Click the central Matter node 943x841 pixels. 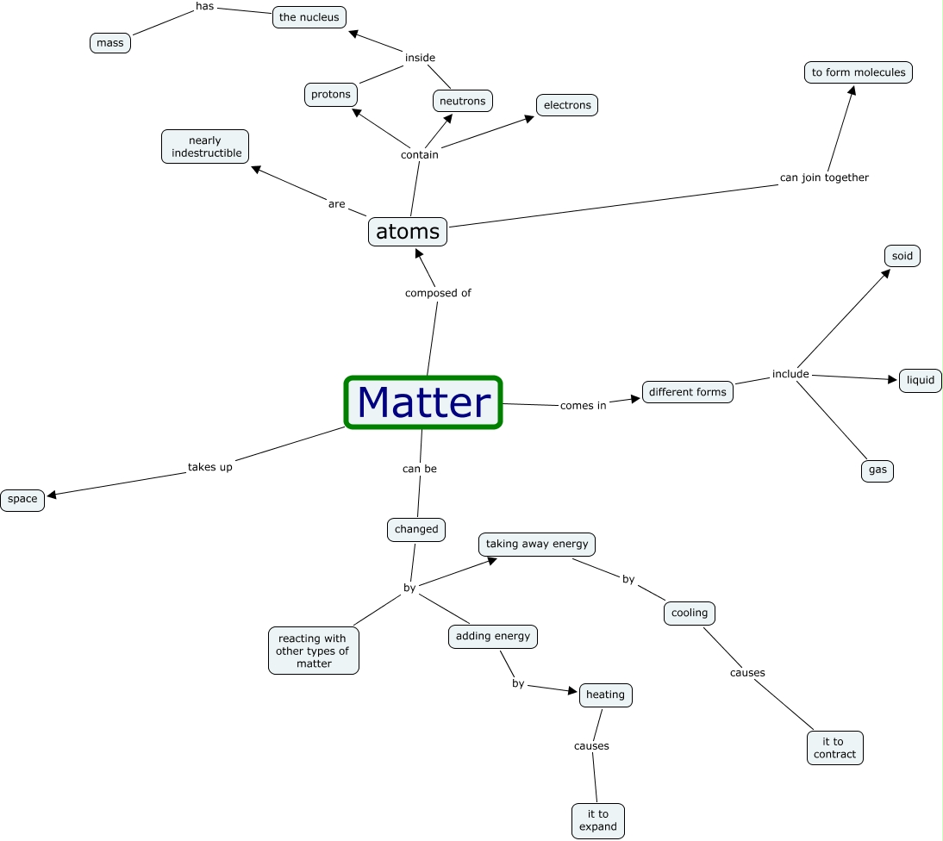tap(423, 402)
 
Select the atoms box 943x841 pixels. tap(408, 232)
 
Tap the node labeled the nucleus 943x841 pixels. tap(309, 17)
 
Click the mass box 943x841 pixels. tap(110, 43)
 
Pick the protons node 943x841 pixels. tap(331, 95)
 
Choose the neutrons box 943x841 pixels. tap(463, 101)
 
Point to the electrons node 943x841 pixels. tap(567, 105)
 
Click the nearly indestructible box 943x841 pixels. tap(205, 146)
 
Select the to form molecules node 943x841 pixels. tap(859, 72)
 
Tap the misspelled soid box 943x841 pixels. tap(902, 256)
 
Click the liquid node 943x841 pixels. tap(921, 381)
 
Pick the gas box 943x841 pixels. tap(877, 470)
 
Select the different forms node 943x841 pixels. tap(688, 392)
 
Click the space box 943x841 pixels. tap(22, 499)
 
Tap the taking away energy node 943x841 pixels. tap(537, 544)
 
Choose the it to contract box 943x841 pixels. tap(835, 748)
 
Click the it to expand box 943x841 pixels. tap(598, 820)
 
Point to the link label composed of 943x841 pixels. tap(438, 293)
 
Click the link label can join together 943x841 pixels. tap(824, 178)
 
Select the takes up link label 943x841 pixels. tap(210, 467)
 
